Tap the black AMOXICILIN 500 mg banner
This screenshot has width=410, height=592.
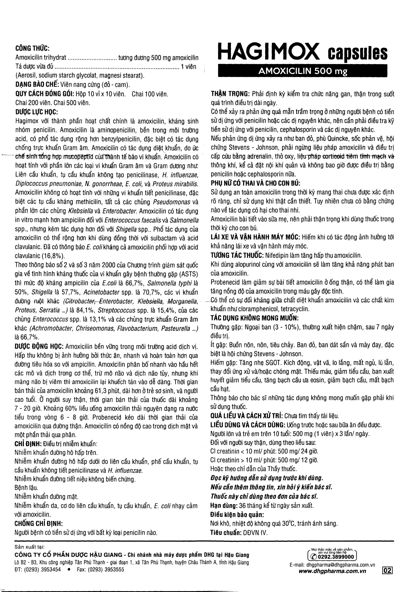[x=302, y=71]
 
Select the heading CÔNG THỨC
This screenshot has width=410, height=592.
[x=32, y=48]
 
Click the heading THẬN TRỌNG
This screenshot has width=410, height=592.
[x=230, y=94]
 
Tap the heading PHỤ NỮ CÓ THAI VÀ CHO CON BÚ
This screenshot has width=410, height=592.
[x=255, y=183]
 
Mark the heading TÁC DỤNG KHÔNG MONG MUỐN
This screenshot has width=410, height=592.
[x=254, y=318]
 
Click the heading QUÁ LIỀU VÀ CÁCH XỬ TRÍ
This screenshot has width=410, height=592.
[x=247, y=416]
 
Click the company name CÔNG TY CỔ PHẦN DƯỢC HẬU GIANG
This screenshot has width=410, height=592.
[x=68, y=555]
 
